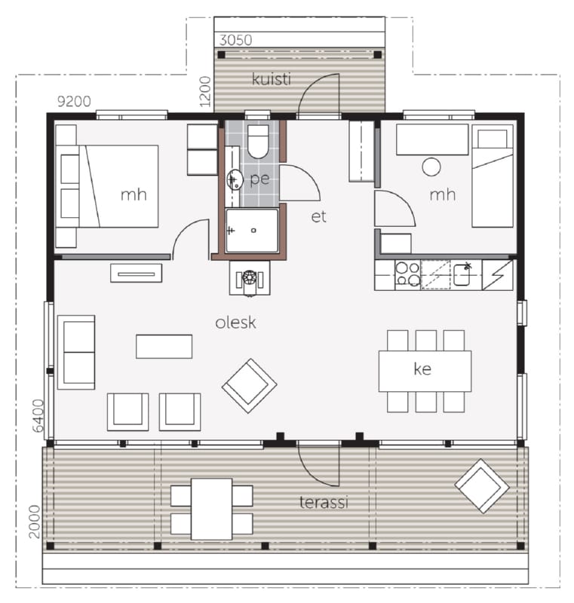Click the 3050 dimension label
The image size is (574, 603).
(235, 40)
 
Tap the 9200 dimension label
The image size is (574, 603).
(74, 101)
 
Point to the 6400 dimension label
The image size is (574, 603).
(38, 416)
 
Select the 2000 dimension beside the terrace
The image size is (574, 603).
(35, 522)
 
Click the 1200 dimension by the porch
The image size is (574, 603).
(205, 91)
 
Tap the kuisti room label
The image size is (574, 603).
(272, 79)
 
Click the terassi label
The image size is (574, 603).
(324, 502)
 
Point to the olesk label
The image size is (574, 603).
(235, 323)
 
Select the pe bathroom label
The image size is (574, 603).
(259, 179)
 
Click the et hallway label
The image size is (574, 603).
(318, 217)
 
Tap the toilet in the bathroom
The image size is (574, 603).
(258, 142)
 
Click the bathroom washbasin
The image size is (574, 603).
(235, 179)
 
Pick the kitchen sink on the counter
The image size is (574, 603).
(462, 274)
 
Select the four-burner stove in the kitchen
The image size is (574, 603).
(408, 274)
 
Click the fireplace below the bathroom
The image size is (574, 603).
(250, 278)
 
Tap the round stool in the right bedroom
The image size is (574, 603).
(431, 167)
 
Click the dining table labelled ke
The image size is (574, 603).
(425, 371)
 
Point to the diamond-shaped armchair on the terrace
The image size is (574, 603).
(482, 486)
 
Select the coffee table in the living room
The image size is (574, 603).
(164, 347)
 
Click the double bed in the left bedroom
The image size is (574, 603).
(108, 186)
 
